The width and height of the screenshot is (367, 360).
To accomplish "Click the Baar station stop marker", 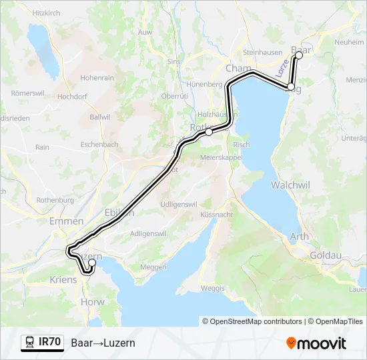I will [298, 56].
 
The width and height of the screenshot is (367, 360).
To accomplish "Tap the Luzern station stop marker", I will [92, 263].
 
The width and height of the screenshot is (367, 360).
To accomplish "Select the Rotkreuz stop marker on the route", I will [209, 132].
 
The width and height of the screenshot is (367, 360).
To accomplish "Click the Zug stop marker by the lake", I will [291, 87].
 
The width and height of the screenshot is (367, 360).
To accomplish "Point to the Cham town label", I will [239, 69].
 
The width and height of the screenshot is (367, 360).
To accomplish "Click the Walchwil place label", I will [288, 183].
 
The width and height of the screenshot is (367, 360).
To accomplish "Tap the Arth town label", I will [300, 236].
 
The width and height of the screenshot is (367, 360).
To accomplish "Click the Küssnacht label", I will [216, 216].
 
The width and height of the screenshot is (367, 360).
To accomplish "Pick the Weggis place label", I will [212, 288].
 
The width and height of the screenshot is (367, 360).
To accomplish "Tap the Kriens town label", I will [63, 281].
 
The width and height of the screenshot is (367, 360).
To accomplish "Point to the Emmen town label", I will [65, 221].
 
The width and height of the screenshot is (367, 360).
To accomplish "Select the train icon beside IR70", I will [30, 343].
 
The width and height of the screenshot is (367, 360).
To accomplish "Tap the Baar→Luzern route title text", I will [103, 343].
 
